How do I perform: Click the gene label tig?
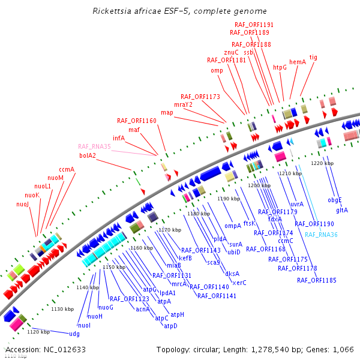313,58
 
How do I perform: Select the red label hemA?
298,62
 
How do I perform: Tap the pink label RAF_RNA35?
94,146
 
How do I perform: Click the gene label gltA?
342,210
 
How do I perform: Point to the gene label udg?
74,333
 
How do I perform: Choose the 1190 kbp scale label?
229,198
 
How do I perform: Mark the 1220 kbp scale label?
322,163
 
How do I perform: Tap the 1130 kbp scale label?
62,309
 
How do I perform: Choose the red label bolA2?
88,155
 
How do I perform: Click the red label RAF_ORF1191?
253,25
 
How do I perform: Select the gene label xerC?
239,282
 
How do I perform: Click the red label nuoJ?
22,204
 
